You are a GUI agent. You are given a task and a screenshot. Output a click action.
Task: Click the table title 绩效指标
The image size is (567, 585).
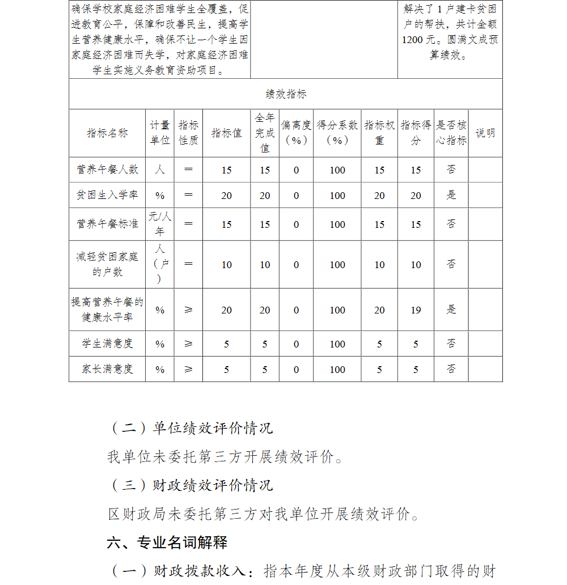point(286,94)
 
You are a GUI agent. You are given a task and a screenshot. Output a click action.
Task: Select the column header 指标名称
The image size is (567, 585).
point(107,133)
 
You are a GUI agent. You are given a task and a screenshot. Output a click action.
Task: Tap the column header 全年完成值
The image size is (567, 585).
point(265,133)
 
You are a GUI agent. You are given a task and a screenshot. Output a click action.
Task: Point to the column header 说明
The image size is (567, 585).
point(485,133)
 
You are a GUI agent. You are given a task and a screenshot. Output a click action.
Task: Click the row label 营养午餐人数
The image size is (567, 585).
point(107,169)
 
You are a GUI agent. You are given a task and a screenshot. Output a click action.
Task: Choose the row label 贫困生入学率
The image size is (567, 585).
point(107,195)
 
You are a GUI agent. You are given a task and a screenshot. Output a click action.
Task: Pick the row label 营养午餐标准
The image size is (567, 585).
point(107,224)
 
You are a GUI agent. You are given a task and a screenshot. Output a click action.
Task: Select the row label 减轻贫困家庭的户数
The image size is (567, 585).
point(107,264)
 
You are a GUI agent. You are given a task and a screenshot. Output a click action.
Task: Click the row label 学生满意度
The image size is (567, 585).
point(107,344)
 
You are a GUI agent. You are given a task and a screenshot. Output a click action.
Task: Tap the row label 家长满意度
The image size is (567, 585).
point(107,369)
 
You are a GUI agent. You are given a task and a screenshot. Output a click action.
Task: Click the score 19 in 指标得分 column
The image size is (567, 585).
point(416,310)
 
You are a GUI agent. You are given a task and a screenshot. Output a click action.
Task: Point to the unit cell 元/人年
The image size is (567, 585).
point(159,224)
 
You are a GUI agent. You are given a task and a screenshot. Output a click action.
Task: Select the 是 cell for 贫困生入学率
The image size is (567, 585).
point(451,195)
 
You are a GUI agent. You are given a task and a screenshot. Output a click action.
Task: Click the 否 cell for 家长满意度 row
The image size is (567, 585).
point(451,369)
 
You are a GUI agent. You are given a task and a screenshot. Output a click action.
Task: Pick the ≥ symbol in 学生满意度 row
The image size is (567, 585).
point(188,344)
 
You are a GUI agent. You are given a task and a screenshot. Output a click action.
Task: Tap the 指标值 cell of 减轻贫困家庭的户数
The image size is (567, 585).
point(226,265)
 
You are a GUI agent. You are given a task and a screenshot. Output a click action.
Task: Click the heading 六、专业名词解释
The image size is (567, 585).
point(167,542)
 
